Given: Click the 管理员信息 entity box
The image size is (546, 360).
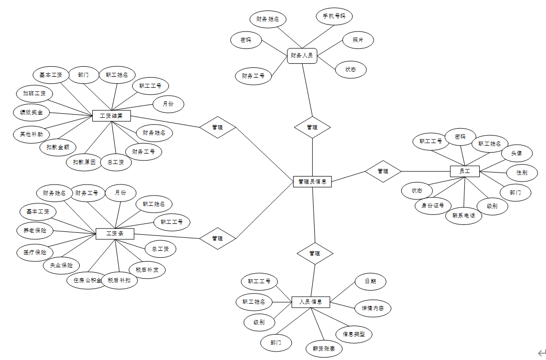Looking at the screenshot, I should coord(312,181).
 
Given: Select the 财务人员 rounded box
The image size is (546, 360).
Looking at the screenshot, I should coord(302,56).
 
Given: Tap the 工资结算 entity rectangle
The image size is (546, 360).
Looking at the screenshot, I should coord(112,116).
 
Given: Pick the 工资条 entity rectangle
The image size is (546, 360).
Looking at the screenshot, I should coord(115,233).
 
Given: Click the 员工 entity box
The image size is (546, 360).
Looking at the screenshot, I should coord(464,172).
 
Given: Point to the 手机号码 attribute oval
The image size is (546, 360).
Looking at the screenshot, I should coord(334,16).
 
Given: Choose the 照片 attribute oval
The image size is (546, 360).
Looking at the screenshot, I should coord(358,40).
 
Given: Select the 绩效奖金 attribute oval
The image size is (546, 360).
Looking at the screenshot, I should coord(31,112).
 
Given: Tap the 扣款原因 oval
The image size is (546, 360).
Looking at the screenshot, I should coord(84,162).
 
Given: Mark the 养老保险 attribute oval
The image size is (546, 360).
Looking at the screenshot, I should coord(35,230).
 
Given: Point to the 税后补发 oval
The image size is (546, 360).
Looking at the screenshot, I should coord(147,270).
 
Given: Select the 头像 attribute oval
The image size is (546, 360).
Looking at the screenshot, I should coord(517,153).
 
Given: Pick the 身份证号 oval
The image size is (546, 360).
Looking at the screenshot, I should coord(433,205).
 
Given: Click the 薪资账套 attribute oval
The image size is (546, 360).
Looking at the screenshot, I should coord(324,349).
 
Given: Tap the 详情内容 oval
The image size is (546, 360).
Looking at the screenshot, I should coord(372,308).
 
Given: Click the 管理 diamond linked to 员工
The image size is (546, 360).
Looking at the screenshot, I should coord(383,171).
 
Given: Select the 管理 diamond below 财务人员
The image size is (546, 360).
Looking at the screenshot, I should coord(312,127).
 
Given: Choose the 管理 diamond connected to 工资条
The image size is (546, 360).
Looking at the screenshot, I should coord(217,238).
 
